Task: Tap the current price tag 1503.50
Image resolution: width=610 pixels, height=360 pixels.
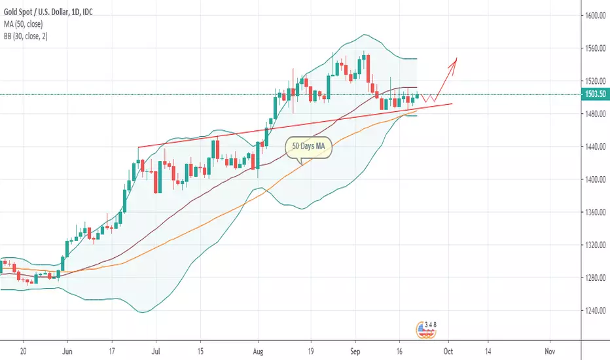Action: pos(594,95)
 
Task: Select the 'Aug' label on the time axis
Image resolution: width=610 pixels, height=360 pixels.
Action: pos(258,351)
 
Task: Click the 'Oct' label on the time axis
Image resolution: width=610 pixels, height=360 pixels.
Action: pos(449,351)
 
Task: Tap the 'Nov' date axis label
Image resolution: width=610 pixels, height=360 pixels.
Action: pos(550,351)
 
